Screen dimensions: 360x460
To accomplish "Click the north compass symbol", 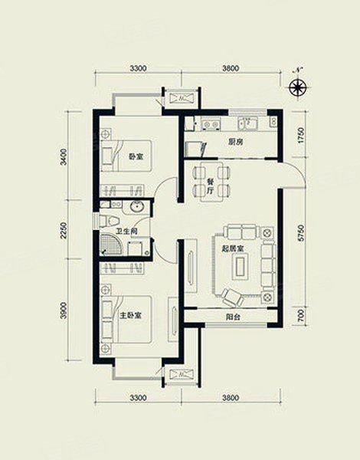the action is click(298, 87).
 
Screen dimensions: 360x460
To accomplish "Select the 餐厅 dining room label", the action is click(210, 186).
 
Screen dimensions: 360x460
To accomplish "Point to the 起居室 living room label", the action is click(233, 248).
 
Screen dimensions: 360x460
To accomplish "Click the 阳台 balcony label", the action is click(234, 317).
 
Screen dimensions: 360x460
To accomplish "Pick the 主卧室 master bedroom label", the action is click(130, 316).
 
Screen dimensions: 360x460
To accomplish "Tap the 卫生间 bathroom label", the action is click(126, 232).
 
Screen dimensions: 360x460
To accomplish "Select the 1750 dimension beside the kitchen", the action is click(301, 136).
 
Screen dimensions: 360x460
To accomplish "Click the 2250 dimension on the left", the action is click(64, 230).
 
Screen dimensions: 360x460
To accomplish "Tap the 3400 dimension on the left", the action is click(64, 157).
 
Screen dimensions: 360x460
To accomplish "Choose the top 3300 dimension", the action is click(138, 69).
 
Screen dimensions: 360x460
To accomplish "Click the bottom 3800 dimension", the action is click(231, 398).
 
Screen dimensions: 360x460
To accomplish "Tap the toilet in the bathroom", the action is click(110, 221).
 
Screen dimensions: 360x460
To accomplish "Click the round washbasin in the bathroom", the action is click(137, 207).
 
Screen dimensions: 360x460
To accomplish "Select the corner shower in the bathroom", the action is click(110, 244).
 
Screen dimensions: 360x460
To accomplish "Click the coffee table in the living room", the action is click(241, 266).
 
